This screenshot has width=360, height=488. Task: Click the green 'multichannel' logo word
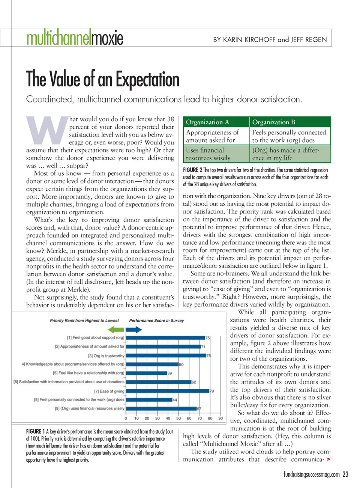(x=58, y=38)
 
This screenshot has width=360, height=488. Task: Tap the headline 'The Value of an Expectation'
(x=102, y=80)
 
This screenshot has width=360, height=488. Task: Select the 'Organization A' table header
(x=207, y=122)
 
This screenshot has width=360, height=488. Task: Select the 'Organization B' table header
(x=274, y=122)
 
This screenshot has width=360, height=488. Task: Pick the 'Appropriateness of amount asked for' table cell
(x=212, y=136)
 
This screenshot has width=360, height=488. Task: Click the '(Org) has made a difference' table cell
(x=286, y=154)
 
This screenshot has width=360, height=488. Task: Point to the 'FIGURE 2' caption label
(x=192, y=170)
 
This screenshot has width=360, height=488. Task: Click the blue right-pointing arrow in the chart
(x=134, y=330)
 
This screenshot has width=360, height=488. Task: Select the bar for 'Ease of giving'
(x=167, y=391)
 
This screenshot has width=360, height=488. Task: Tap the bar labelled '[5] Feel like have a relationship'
(x=146, y=373)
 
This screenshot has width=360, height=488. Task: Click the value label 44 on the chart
(x=175, y=400)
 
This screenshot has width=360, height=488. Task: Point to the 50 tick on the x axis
(x=178, y=418)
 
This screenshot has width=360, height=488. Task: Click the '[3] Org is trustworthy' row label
(x=106, y=355)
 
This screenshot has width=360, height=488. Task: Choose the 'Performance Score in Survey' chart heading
(x=156, y=321)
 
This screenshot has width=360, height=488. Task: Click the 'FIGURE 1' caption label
(x=36, y=432)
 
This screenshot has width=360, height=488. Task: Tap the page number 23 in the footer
(x=345, y=474)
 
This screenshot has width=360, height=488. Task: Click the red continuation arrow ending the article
(x=328, y=459)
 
